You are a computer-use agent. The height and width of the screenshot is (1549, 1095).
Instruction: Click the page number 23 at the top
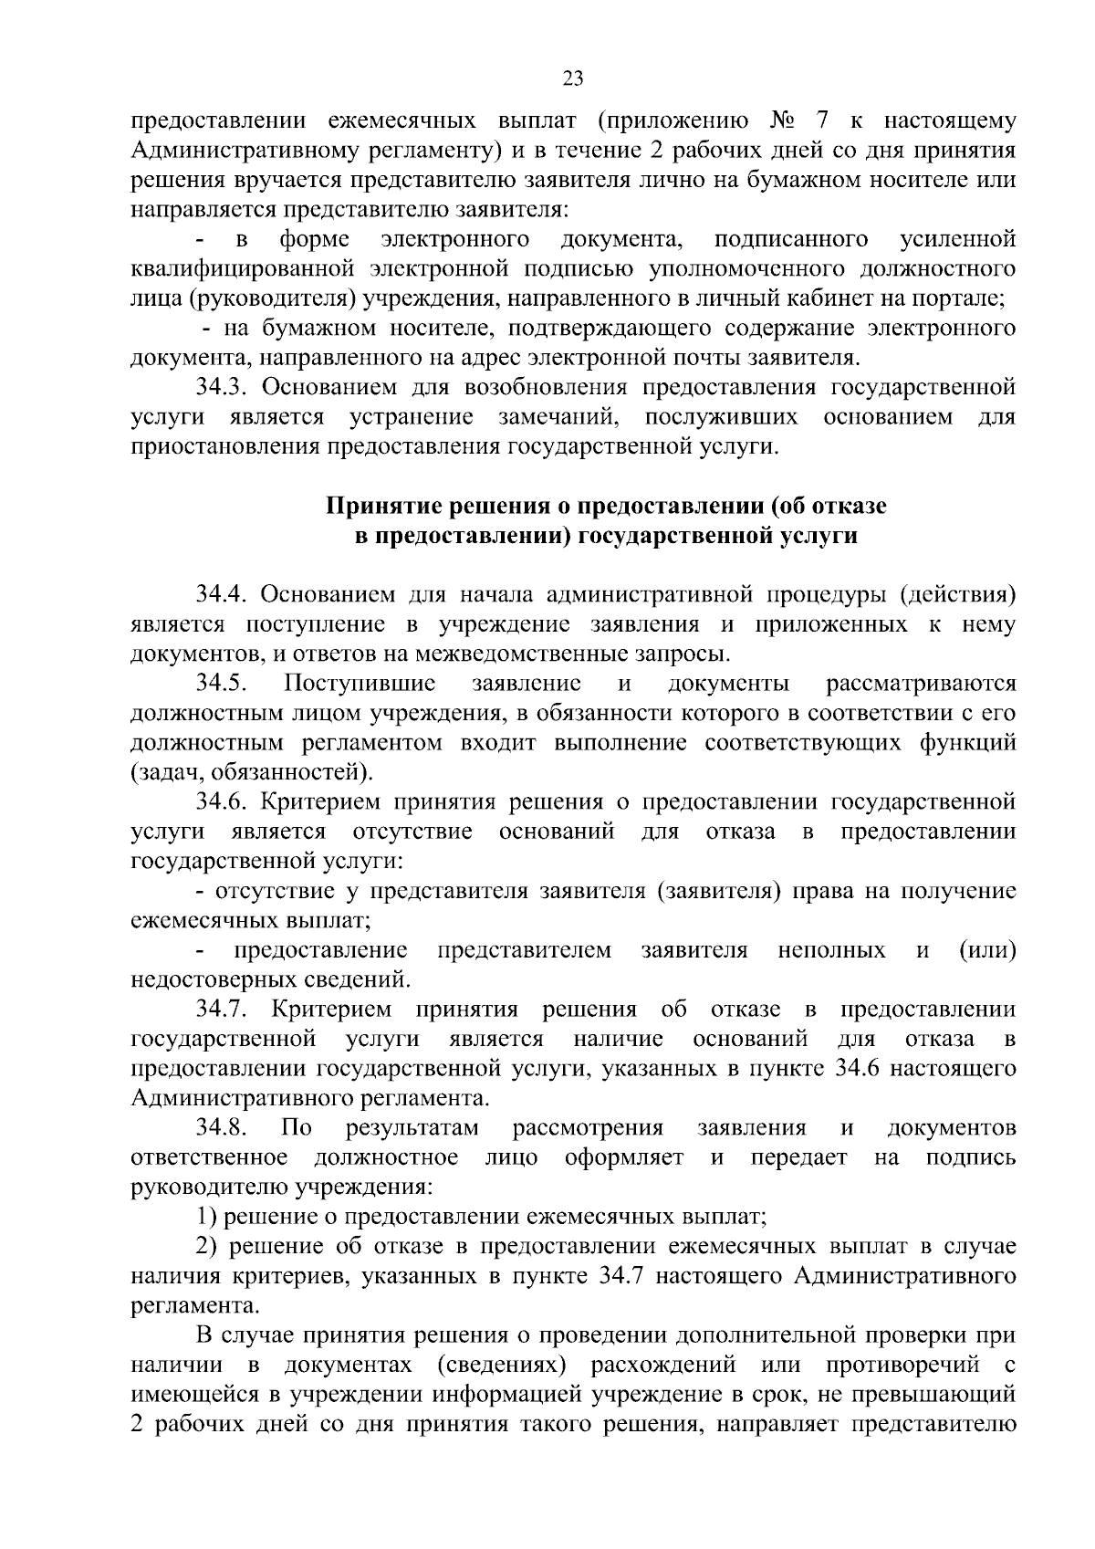click(x=573, y=78)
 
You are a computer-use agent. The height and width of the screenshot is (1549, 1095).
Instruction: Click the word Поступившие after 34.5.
click(x=360, y=683)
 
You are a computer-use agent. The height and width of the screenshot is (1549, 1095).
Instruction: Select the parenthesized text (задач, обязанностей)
click(x=252, y=772)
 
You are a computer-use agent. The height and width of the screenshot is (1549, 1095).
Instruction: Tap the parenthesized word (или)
click(x=987, y=950)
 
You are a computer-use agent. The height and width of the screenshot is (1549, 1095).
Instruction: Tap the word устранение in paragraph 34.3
click(x=411, y=417)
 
